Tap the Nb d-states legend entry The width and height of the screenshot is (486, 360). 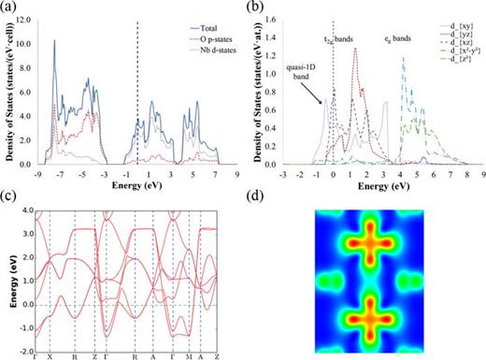coord(212,51)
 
